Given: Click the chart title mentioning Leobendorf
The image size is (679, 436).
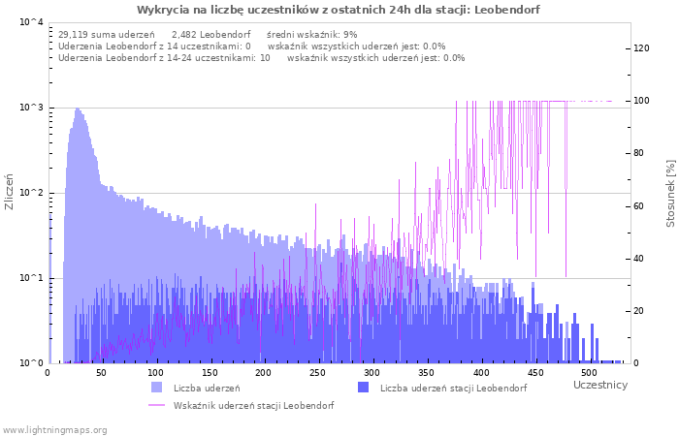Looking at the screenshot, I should pos(339,10).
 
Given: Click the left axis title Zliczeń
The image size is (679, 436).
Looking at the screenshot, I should pos(10,192).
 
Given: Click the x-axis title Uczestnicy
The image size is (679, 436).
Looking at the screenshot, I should pos(600,386).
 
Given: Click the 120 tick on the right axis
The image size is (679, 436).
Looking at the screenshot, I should pos(641,48).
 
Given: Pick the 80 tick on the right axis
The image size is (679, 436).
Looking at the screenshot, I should pos(641,153).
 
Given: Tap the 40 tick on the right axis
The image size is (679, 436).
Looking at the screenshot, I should pos(641,259).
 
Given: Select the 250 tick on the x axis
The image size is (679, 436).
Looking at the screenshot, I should pos(317,372).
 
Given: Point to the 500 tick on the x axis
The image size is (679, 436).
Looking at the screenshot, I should pos(588,372).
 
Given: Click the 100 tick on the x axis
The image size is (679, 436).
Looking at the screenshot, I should pos(155,372).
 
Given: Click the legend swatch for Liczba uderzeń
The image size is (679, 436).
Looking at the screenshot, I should pos(157,388).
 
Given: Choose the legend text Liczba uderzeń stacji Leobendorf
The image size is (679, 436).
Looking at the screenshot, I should pos(453,389).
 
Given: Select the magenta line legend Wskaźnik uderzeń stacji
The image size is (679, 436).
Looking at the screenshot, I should pos(253,406).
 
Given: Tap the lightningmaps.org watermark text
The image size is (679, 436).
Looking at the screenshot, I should pos(54,429).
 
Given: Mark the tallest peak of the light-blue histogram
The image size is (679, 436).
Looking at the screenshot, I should pos(77,109).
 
